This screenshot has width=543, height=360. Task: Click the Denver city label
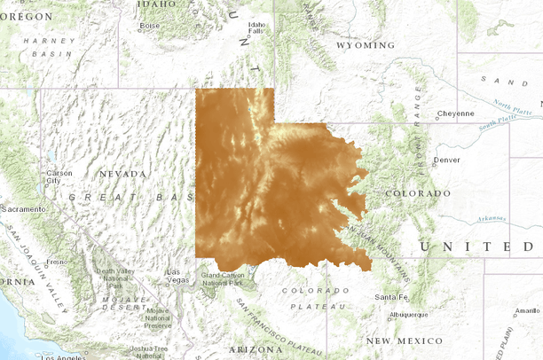447,160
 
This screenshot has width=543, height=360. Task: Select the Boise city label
149,25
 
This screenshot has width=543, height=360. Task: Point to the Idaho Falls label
257,27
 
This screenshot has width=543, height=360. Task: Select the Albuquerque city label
408,314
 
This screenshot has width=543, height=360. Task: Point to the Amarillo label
527,311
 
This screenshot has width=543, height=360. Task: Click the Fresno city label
57,262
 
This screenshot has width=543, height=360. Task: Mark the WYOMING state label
366,45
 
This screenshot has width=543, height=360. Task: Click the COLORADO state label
418,192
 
